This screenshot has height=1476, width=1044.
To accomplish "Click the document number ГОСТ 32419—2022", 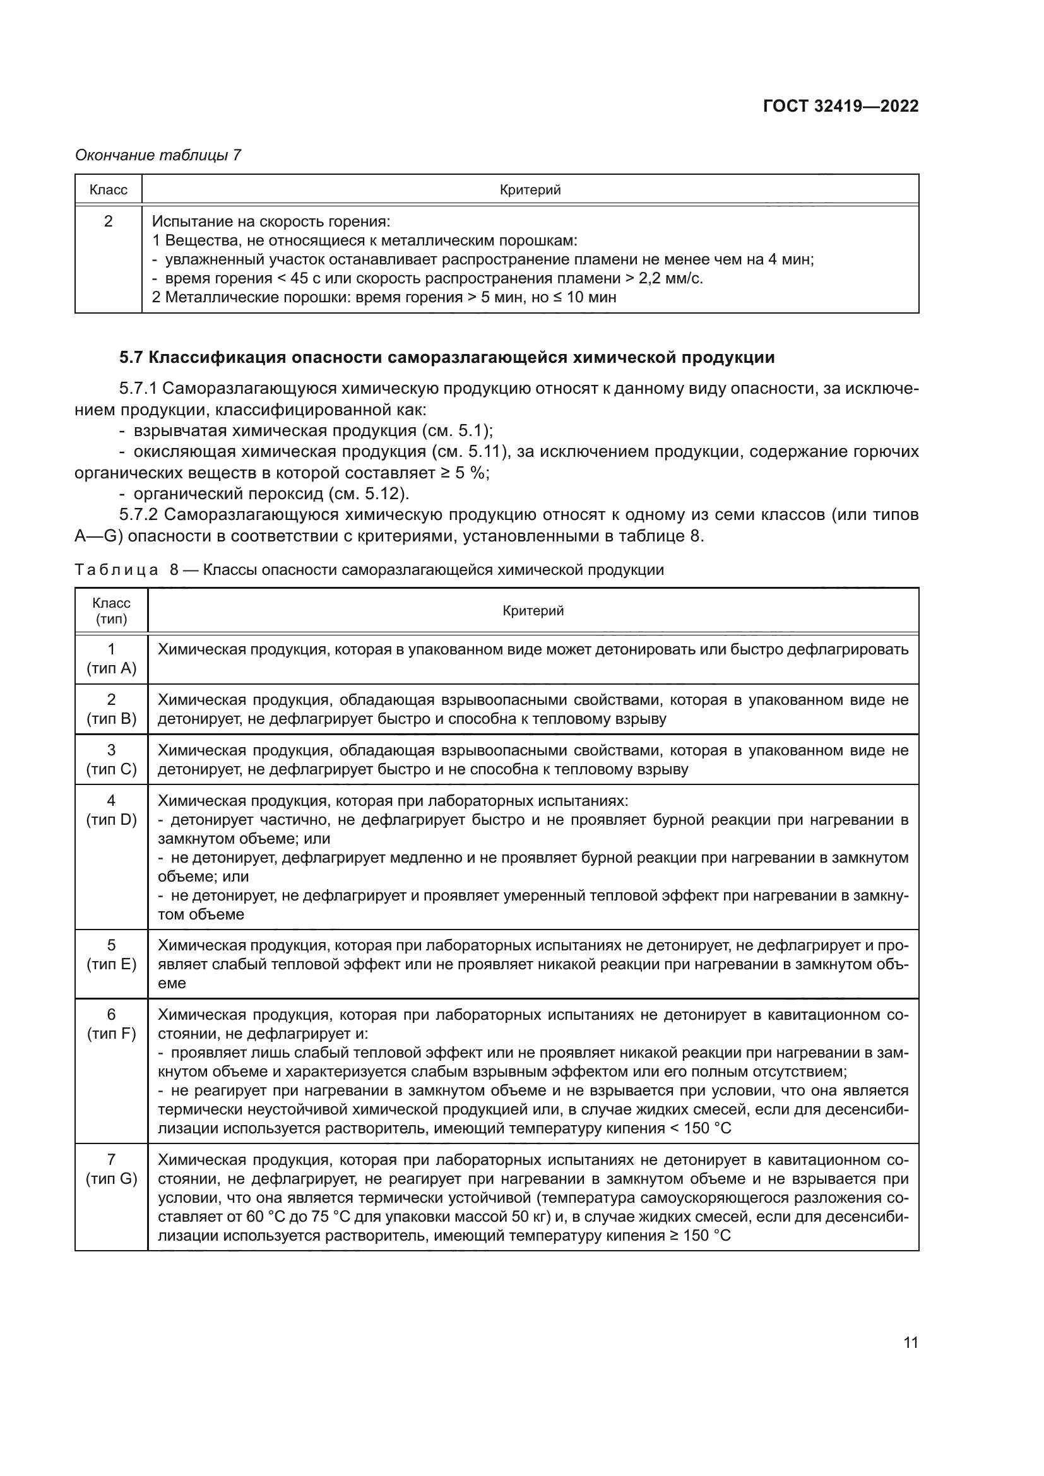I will click(840, 107).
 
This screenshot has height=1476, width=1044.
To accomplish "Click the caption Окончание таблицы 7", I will click(158, 155).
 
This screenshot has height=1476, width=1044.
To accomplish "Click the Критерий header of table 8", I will click(533, 611).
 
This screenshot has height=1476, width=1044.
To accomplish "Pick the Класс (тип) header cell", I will click(111, 611).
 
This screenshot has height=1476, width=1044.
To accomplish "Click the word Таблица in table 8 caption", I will click(116, 570).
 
